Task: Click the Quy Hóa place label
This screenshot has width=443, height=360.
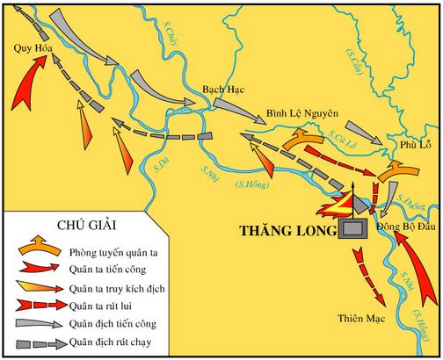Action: point(27,49)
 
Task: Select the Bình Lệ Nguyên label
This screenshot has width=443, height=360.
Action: point(301,115)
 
